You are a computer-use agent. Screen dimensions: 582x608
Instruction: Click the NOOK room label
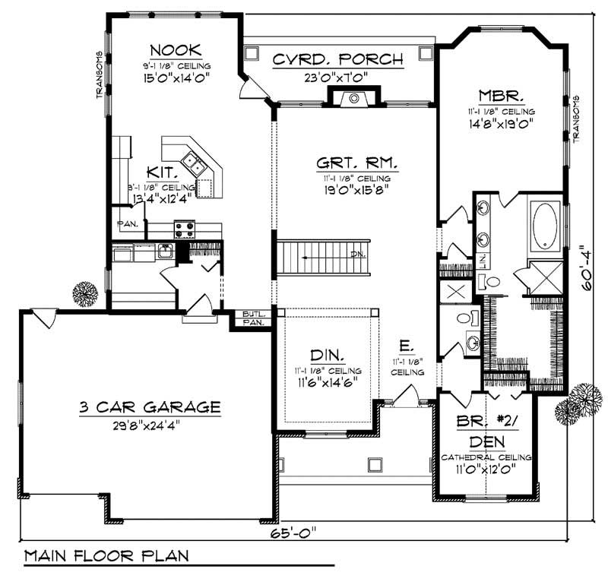(x=176, y=49)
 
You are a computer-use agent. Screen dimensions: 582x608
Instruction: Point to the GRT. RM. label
(x=356, y=163)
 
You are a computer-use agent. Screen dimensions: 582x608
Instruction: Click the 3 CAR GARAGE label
(x=149, y=408)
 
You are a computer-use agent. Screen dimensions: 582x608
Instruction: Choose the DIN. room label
(x=328, y=355)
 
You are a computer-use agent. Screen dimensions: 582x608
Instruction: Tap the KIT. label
(x=164, y=172)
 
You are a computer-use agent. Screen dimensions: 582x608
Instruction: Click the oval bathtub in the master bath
(x=545, y=226)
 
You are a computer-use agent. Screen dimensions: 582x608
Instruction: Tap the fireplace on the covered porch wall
(x=353, y=97)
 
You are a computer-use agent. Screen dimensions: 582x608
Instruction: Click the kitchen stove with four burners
(x=185, y=228)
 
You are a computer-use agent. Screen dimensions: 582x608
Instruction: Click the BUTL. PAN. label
(x=251, y=318)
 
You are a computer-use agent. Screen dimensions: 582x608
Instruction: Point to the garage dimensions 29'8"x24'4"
(x=149, y=424)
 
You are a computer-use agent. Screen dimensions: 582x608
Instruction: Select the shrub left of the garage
(x=85, y=293)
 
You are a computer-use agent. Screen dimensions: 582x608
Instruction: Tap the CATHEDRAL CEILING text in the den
(x=486, y=458)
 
